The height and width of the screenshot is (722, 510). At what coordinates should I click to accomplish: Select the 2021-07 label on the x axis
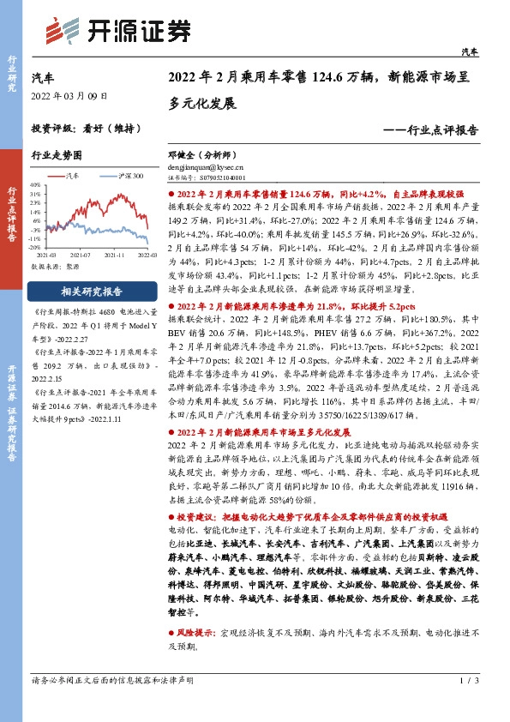click(x=81, y=255)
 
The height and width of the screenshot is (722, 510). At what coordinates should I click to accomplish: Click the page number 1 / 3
click(x=466, y=704)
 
